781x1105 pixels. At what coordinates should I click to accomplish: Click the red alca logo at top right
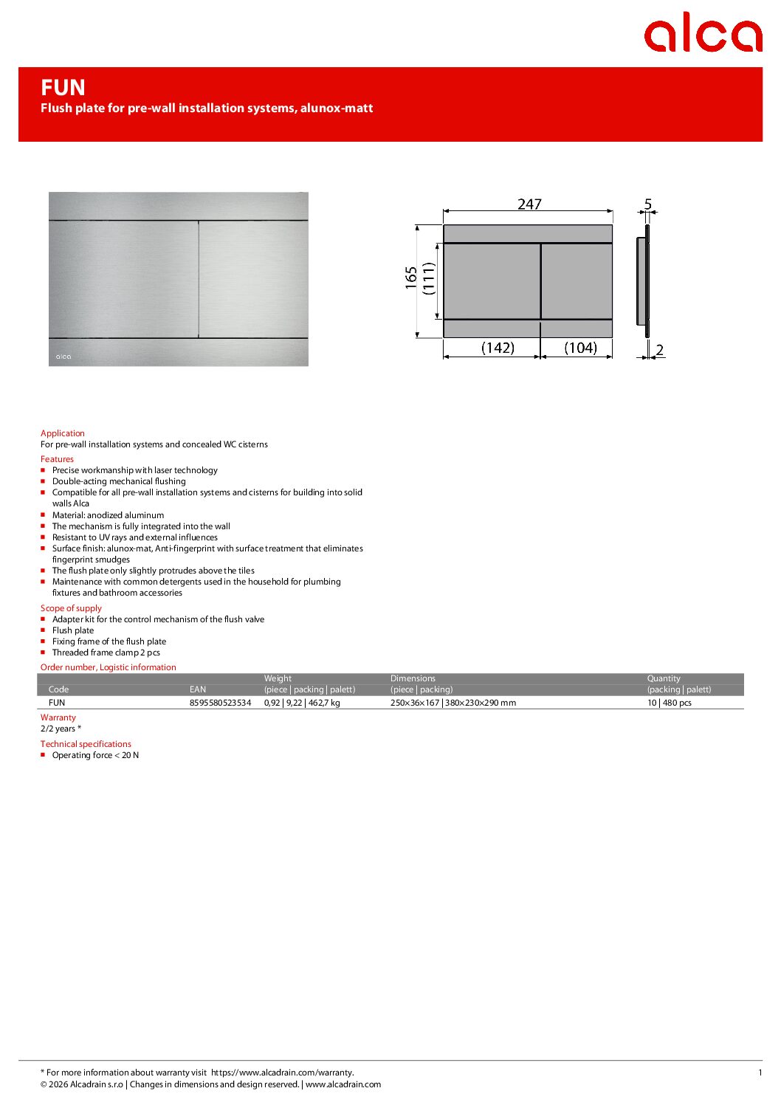[x=702, y=34]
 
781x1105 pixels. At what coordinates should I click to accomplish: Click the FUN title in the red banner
[x=63, y=88]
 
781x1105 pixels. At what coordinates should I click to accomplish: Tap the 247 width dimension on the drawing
[x=529, y=204]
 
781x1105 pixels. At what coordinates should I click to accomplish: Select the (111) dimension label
[x=429, y=279]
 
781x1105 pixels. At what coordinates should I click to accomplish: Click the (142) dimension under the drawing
[x=498, y=348]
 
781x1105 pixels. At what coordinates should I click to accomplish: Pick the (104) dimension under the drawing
[x=580, y=348]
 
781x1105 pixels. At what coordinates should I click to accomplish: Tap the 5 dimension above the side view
[x=648, y=204]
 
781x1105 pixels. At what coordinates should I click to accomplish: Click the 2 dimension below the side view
[x=659, y=350]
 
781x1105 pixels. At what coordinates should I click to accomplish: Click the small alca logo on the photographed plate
[x=63, y=357]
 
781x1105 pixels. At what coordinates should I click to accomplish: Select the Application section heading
[x=63, y=433]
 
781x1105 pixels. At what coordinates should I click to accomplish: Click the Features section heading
[x=57, y=459]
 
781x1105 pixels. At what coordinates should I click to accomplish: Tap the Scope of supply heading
[x=71, y=608]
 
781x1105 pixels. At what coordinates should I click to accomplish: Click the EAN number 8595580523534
[x=220, y=703]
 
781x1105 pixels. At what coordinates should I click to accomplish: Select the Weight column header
[x=278, y=678]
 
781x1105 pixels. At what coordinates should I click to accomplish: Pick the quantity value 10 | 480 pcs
[x=670, y=703]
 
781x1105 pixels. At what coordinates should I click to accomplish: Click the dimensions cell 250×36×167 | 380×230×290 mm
[x=453, y=703]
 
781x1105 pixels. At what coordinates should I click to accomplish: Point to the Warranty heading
[x=58, y=717]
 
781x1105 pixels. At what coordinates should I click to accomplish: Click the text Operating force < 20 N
[x=95, y=755]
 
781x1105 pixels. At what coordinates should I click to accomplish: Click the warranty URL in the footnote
[x=282, y=1073]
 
